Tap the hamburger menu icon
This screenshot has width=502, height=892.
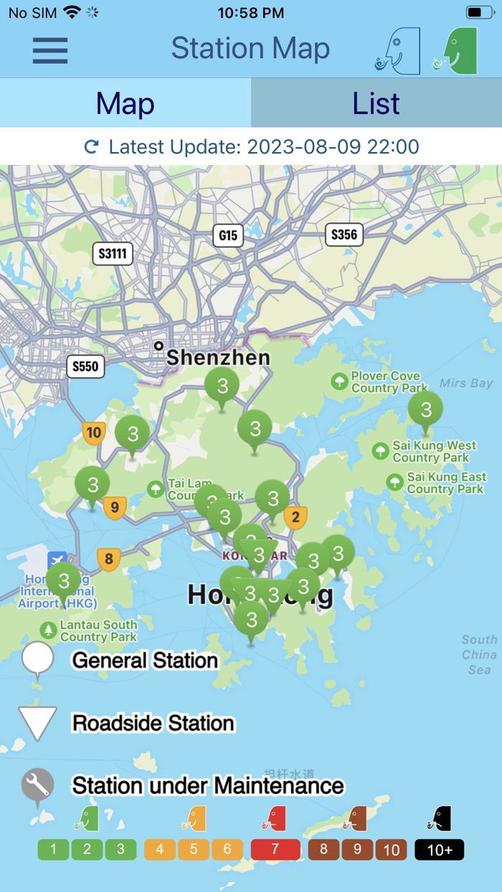[50, 50]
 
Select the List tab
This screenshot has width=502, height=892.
[376, 104]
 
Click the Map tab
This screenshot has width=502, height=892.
[126, 104]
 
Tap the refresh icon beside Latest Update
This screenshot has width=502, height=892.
[92, 147]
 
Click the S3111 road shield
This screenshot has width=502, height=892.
[113, 253]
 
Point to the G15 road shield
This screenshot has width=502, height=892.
[228, 235]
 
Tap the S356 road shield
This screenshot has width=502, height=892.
[344, 234]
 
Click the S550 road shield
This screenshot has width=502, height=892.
[85, 366]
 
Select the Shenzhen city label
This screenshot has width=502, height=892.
[218, 357]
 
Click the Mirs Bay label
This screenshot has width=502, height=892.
[466, 383]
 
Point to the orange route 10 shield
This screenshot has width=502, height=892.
[93, 432]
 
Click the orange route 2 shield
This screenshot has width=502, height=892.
[295, 516]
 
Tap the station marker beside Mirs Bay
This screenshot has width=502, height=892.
[426, 410]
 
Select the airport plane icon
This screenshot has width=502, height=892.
[57, 560]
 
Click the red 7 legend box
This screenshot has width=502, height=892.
[275, 850]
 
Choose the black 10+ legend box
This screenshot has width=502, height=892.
[439, 850]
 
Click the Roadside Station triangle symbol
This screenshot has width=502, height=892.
[37, 721]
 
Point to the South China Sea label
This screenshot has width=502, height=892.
[479, 654]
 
